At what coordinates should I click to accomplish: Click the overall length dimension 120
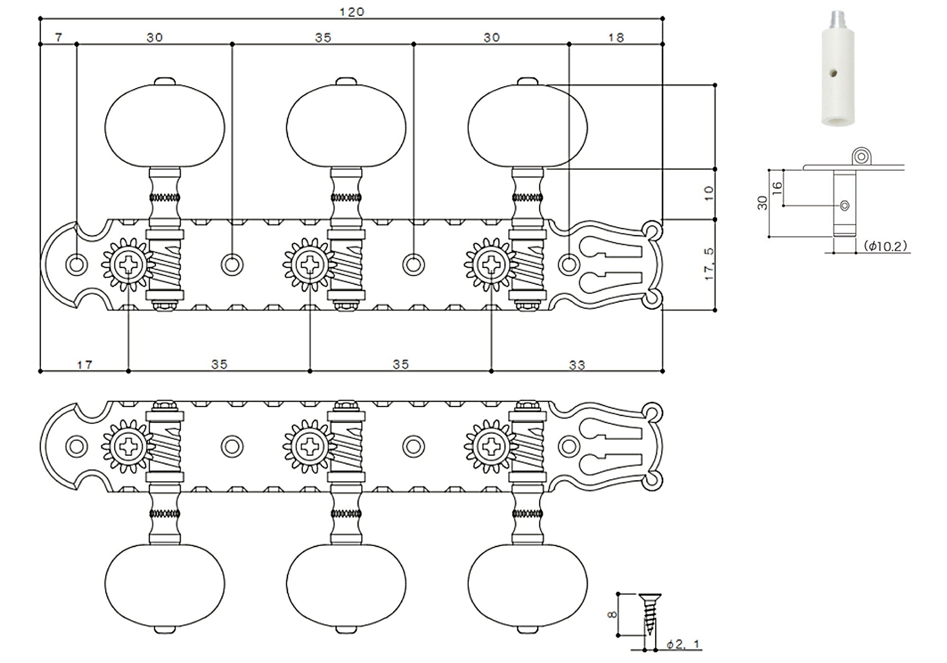pyautogui.click(x=352, y=12)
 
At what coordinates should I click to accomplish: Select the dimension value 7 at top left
pyautogui.click(x=58, y=37)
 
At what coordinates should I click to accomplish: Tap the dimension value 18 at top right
pyautogui.click(x=616, y=37)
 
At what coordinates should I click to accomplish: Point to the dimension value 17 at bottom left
pyautogui.click(x=84, y=365)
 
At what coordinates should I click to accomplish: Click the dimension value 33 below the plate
pyautogui.click(x=577, y=365)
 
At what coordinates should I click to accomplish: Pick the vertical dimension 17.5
pyautogui.click(x=709, y=264)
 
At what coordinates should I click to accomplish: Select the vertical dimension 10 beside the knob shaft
pyautogui.click(x=709, y=193)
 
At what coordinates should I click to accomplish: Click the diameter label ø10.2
pyautogui.click(x=885, y=246)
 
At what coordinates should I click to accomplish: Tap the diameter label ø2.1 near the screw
pyautogui.click(x=683, y=644)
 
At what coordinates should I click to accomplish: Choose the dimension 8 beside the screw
pyautogui.click(x=612, y=615)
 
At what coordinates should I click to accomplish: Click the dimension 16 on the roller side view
pyautogui.click(x=777, y=187)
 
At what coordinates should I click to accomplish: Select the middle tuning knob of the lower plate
pyautogui.click(x=346, y=584)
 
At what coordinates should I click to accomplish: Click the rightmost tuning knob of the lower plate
pyautogui.click(x=527, y=584)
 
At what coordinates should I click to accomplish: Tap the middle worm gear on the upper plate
pyautogui.click(x=346, y=265)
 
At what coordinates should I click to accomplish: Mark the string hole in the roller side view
pyautogui.click(x=844, y=206)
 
